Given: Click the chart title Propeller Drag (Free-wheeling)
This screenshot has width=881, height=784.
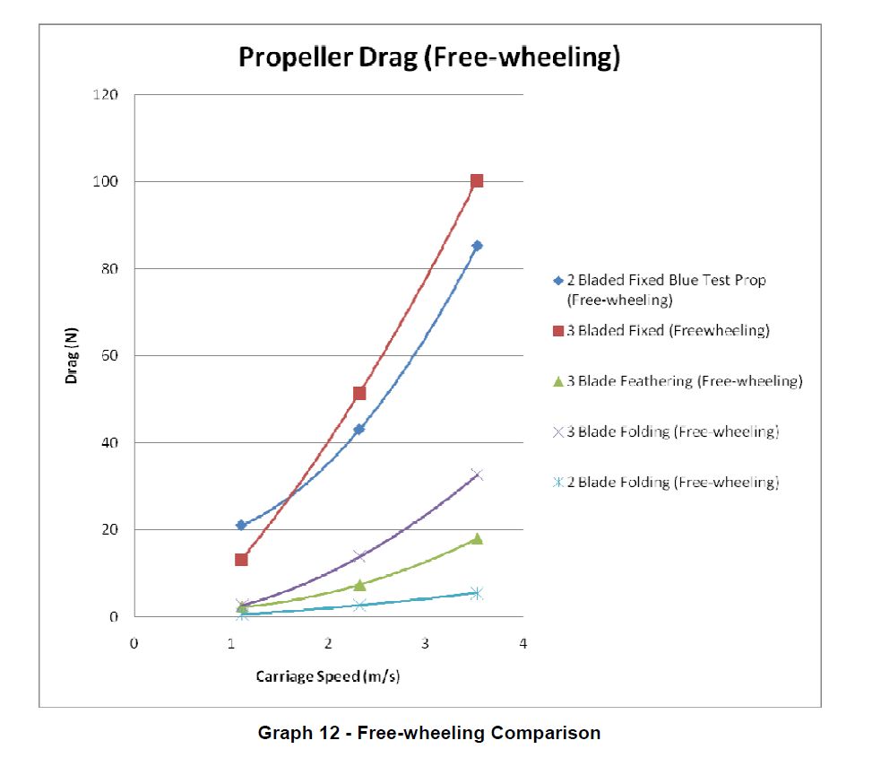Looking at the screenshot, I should (x=429, y=57).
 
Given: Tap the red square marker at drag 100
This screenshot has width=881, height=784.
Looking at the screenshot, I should (x=477, y=180).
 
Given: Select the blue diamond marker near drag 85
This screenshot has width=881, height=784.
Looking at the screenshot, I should (x=477, y=245).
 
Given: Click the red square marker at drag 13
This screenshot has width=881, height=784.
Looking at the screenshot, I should (x=241, y=560).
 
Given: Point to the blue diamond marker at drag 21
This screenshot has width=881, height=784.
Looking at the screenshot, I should (x=241, y=525).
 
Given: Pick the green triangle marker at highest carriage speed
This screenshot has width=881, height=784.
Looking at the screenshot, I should (x=477, y=538).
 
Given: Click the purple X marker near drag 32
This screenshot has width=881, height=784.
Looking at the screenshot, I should (x=477, y=475).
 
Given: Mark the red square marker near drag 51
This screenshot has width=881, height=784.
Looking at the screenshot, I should (x=359, y=393).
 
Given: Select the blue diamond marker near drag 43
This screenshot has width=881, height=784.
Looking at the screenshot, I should (x=359, y=429).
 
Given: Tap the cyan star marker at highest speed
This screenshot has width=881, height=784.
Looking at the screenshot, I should (x=477, y=593).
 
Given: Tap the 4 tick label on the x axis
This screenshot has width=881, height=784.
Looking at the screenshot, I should (x=523, y=643).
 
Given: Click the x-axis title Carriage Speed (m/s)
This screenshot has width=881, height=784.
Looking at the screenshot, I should (x=328, y=676).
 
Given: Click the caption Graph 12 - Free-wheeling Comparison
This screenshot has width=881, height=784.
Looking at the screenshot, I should (x=429, y=733).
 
